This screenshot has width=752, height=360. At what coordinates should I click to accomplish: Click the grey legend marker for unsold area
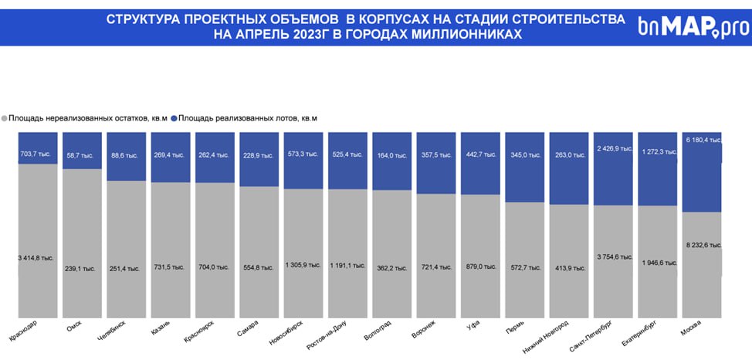click(5, 118)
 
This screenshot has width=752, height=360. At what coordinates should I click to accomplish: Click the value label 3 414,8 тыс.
click(36, 256)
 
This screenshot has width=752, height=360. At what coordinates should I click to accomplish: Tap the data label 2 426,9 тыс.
click(615, 148)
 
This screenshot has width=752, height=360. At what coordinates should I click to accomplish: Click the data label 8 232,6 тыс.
click(703, 244)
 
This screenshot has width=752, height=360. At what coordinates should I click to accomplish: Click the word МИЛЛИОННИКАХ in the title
click(465, 35)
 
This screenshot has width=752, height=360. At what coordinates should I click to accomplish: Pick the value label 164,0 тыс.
click(392, 155)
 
